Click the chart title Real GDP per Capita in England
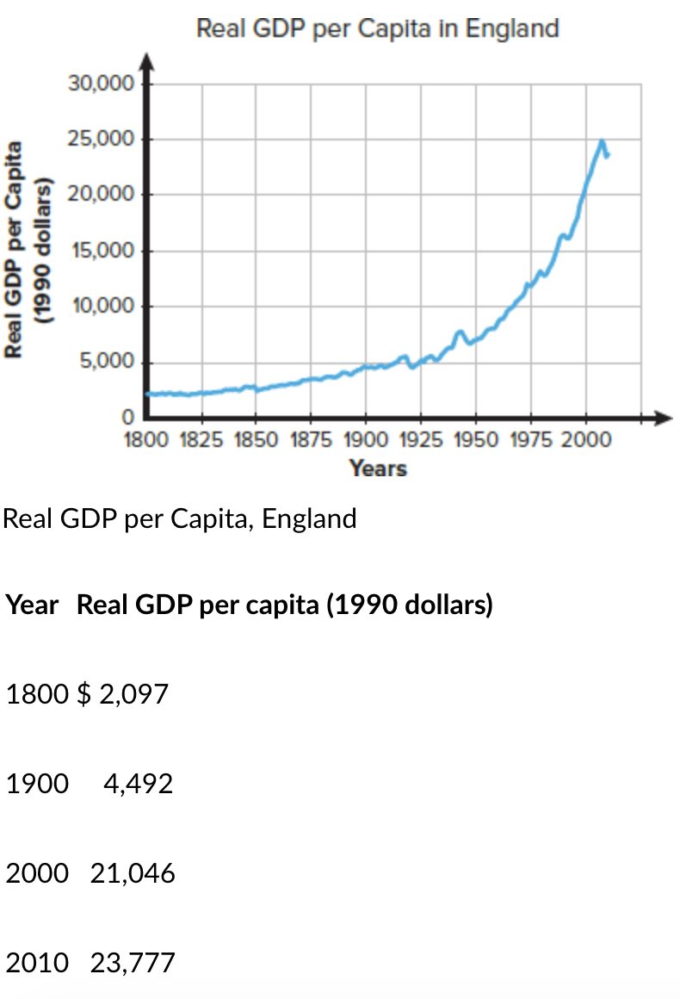point(377,28)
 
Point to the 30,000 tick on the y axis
point(102,84)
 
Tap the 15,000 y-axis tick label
point(102,251)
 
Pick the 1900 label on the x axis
point(365,440)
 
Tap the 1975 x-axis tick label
point(530,440)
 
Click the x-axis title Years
point(377,468)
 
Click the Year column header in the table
point(32,605)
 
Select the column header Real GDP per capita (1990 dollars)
point(285,605)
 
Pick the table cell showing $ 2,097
point(123,694)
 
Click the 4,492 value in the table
point(138,784)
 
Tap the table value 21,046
point(133,873)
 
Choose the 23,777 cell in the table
point(133,963)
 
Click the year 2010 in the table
point(37,963)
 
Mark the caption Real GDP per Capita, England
point(180,519)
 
